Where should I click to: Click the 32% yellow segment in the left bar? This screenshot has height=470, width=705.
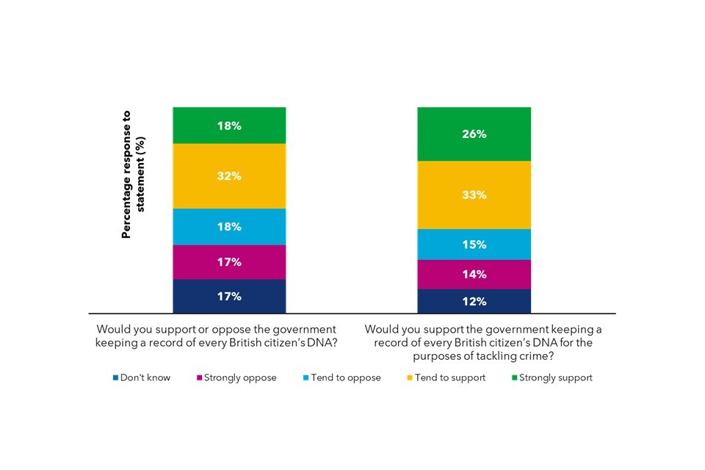coord(229,176)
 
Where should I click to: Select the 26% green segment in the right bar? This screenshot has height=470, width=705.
coord(474,134)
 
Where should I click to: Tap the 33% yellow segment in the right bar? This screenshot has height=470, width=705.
coord(474,195)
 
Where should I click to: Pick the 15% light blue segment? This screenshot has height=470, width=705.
coord(474,245)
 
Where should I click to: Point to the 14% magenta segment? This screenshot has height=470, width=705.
coord(474,275)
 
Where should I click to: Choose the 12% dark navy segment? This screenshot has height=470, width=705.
coord(474,301)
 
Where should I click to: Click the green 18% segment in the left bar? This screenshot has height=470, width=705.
coord(229,126)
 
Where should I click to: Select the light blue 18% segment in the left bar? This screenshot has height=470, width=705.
coord(229,227)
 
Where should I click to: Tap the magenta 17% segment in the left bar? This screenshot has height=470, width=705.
coord(229,262)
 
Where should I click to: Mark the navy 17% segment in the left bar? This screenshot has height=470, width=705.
coord(229,297)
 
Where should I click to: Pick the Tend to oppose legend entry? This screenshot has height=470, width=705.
coord(344,377)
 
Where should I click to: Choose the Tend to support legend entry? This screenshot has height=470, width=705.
coord(448,377)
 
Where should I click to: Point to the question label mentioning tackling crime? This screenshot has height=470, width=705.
coord(482,342)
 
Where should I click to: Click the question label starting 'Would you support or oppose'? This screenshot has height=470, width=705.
coord(217,336)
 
